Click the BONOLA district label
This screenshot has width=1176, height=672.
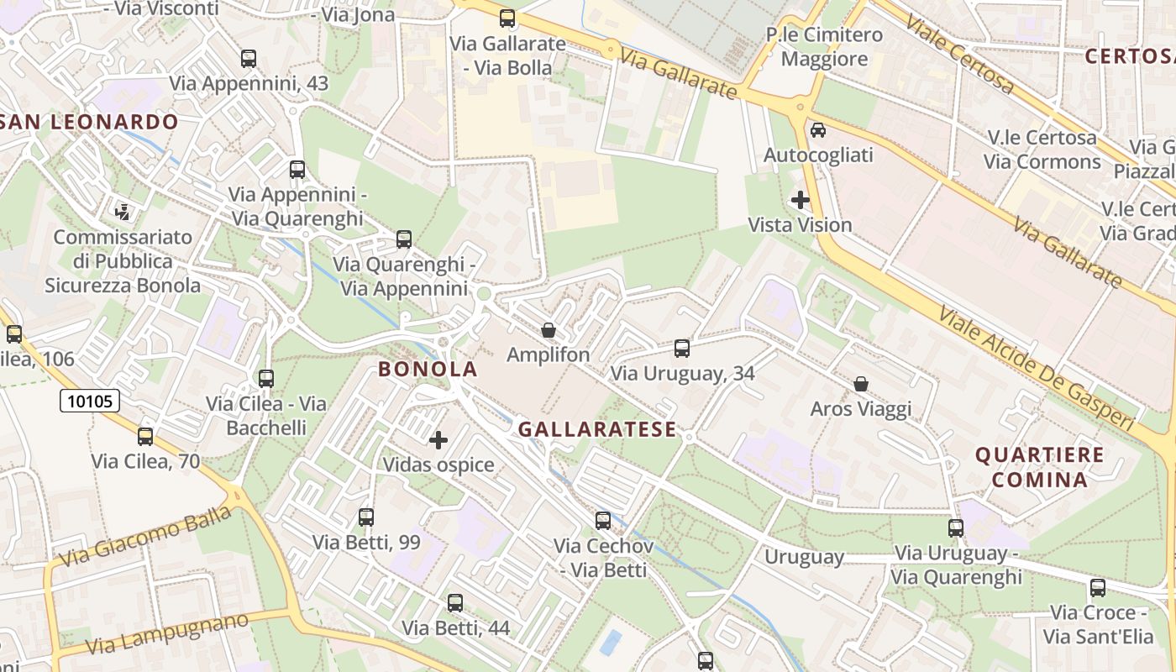[x=428, y=369]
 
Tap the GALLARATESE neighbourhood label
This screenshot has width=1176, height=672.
[x=596, y=429]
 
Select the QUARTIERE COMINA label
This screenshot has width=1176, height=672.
[x=1039, y=467]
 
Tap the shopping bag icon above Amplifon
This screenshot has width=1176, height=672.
[x=549, y=330]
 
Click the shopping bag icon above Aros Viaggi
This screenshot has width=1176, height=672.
[x=861, y=384]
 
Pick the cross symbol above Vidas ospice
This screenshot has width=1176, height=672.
[x=438, y=439]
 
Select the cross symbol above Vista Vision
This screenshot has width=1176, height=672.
[x=801, y=200]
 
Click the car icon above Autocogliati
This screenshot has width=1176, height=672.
[x=818, y=130]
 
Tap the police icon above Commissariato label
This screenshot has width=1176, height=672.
[x=123, y=210]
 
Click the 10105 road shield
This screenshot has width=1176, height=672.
[x=90, y=401]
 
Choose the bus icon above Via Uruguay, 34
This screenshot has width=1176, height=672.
[x=682, y=348]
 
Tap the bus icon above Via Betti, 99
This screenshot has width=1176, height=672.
[x=366, y=517]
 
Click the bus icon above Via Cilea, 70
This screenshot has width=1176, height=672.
[x=145, y=436]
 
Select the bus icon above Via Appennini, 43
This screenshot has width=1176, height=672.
[x=249, y=59]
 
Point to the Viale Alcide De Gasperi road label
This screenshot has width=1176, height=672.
[x=1042, y=370]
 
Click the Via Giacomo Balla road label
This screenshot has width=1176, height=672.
[x=145, y=536]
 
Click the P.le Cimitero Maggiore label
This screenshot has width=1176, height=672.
[x=824, y=47]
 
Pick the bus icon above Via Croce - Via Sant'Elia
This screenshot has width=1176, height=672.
[x=1098, y=588]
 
